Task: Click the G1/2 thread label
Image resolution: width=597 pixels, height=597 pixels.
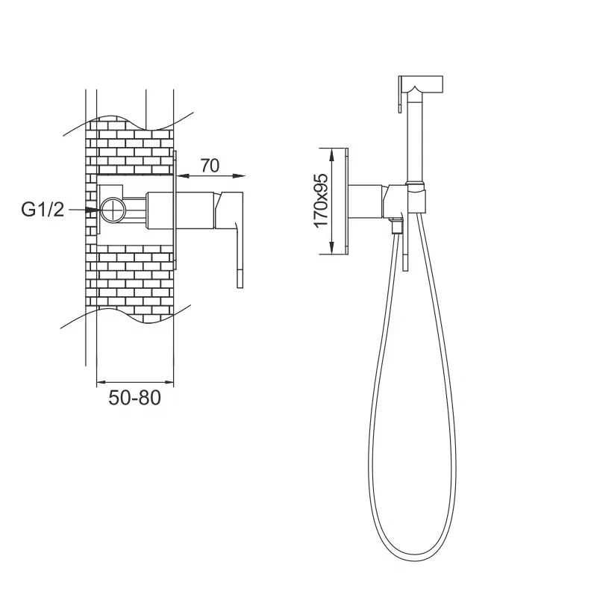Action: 43,210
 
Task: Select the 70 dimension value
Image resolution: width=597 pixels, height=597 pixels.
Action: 210,166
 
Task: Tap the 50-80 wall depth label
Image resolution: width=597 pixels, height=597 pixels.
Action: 135,398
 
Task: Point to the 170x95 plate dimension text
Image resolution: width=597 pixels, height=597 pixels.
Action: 321,200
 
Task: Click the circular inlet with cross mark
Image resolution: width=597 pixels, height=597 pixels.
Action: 113,210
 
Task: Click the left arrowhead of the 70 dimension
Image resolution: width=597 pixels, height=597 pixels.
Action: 183,176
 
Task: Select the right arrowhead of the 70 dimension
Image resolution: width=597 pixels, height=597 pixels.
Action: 239,176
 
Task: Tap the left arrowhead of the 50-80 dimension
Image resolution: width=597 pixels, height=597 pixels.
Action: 103,382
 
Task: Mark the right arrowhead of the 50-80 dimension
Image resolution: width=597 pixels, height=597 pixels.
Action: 167,382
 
